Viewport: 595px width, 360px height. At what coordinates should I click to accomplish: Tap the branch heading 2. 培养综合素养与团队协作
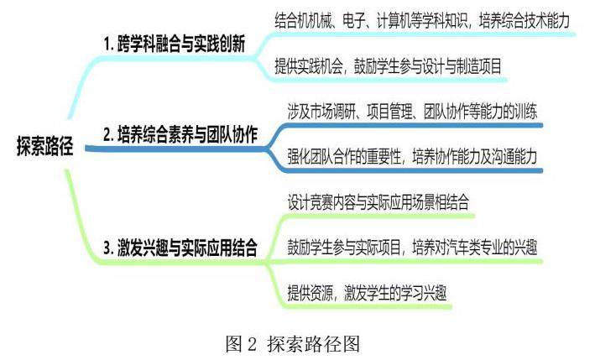180,134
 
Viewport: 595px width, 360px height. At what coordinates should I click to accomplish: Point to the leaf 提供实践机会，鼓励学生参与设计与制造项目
389,66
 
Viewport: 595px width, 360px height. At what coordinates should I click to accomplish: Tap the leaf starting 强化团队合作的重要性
412,156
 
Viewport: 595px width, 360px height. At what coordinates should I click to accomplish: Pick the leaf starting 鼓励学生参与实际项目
412,248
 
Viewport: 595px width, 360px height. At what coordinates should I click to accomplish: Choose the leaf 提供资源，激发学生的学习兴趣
365,293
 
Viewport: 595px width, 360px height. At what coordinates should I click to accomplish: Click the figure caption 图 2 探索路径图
297,342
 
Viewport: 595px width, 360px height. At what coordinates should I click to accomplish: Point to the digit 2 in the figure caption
253,342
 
